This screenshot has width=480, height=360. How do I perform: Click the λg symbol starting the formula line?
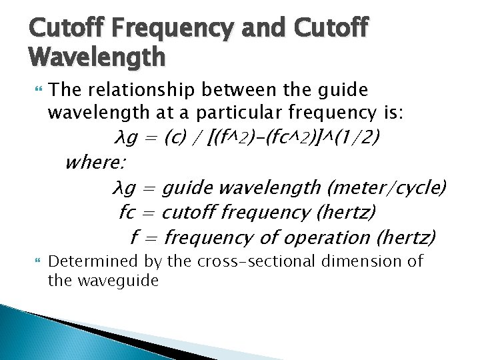pos(125,138)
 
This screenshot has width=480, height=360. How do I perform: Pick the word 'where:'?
pos(97,162)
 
